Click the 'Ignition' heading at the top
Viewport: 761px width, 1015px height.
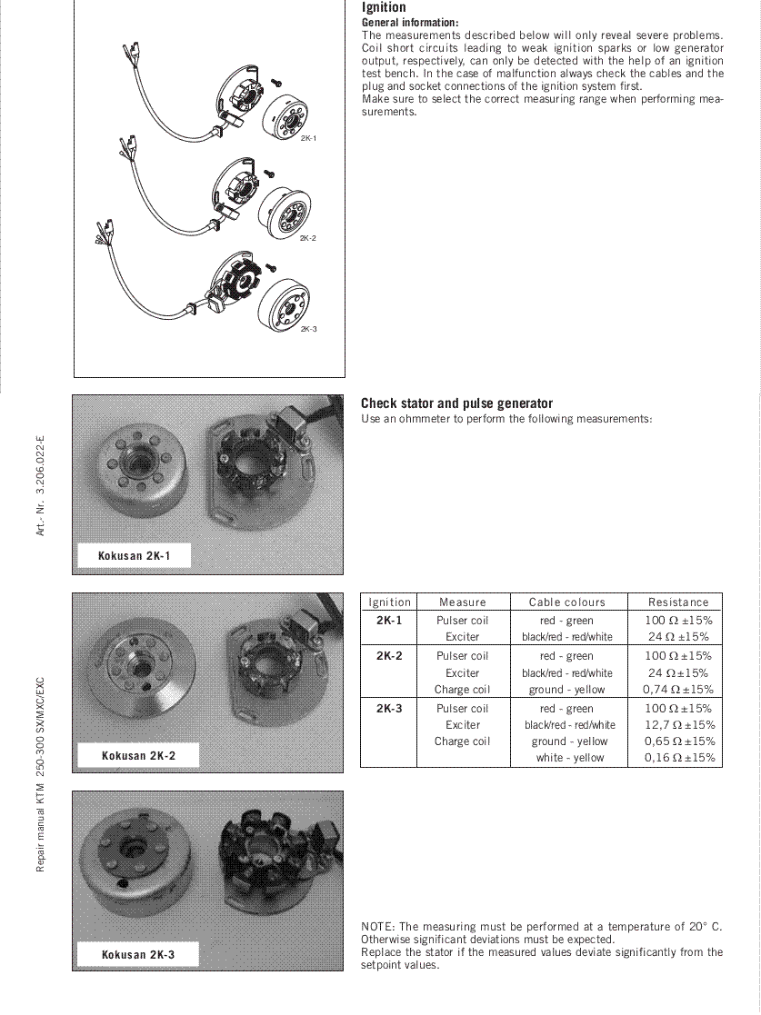384,8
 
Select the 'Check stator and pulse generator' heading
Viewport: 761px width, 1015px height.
456,403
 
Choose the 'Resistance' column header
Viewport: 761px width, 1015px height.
677,602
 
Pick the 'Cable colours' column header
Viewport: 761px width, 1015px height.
566,602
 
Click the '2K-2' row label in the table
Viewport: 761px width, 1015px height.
388,655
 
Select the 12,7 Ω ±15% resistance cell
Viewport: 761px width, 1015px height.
679,725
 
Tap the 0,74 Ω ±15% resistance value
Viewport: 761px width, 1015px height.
678,690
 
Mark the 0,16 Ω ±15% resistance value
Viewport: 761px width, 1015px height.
678,758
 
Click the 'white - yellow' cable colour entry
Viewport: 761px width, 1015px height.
569,758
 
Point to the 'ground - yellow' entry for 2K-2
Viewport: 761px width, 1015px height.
566,690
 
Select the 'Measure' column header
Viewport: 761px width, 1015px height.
462,602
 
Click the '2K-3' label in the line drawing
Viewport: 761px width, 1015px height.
308,329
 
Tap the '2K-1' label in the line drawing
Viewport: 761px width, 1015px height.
308,138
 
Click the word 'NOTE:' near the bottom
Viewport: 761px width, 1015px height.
378,927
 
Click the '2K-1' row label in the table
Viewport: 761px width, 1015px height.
388,621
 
